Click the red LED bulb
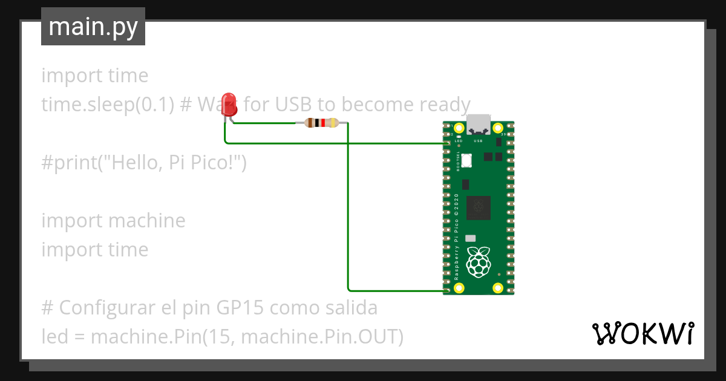(x=229, y=103)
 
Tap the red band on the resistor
(x=323, y=123)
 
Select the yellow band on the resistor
(x=333, y=123)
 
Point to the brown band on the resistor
(x=310, y=123)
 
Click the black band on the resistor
(x=317, y=123)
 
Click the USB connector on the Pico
(x=479, y=124)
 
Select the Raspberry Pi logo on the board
(x=479, y=261)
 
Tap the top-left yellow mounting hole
(x=459, y=128)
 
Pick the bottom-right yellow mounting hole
(x=498, y=288)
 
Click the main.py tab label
(x=93, y=27)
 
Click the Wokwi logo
(x=643, y=333)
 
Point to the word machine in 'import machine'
(x=147, y=221)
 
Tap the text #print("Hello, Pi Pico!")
(x=144, y=163)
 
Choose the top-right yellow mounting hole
(x=498, y=128)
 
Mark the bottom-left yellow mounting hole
(x=459, y=288)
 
